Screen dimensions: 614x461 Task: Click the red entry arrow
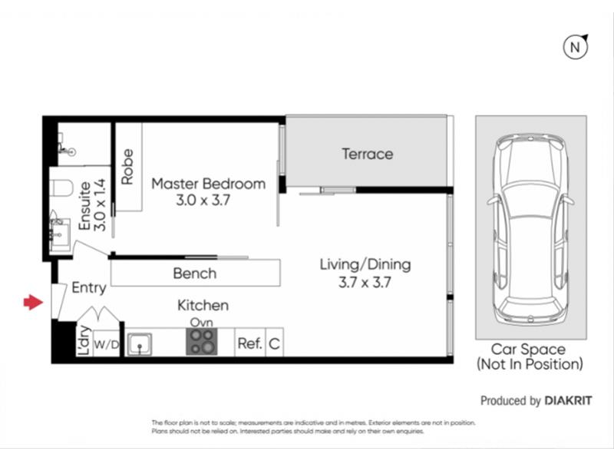(x=33, y=302)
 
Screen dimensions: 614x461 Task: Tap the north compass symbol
(x=576, y=47)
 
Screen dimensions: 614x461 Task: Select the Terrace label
(x=368, y=154)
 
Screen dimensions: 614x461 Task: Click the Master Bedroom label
(x=208, y=184)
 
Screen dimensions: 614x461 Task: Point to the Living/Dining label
(x=365, y=264)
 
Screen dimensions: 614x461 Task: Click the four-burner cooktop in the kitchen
(x=201, y=341)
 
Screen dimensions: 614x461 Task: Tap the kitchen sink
(x=140, y=344)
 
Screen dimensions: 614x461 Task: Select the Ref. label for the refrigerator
(x=249, y=343)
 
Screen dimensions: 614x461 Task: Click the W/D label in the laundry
(x=107, y=344)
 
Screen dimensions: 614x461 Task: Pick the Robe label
(x=127, y=167)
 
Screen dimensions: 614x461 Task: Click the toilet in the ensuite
(x=62, y=187)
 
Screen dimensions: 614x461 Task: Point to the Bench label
(x=195, y=274)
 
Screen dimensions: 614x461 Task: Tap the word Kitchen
(x=203, y=305)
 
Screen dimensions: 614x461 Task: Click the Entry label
(x=89, y=288)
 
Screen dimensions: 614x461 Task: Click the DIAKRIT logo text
(x=568, y=400)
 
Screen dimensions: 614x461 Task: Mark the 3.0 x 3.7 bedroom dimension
(x=203, y=201)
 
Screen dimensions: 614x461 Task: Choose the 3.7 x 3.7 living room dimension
(x=365, y=282)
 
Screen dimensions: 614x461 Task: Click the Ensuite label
(x=84, y=205)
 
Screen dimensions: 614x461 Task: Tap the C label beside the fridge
(x=274, y=343)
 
